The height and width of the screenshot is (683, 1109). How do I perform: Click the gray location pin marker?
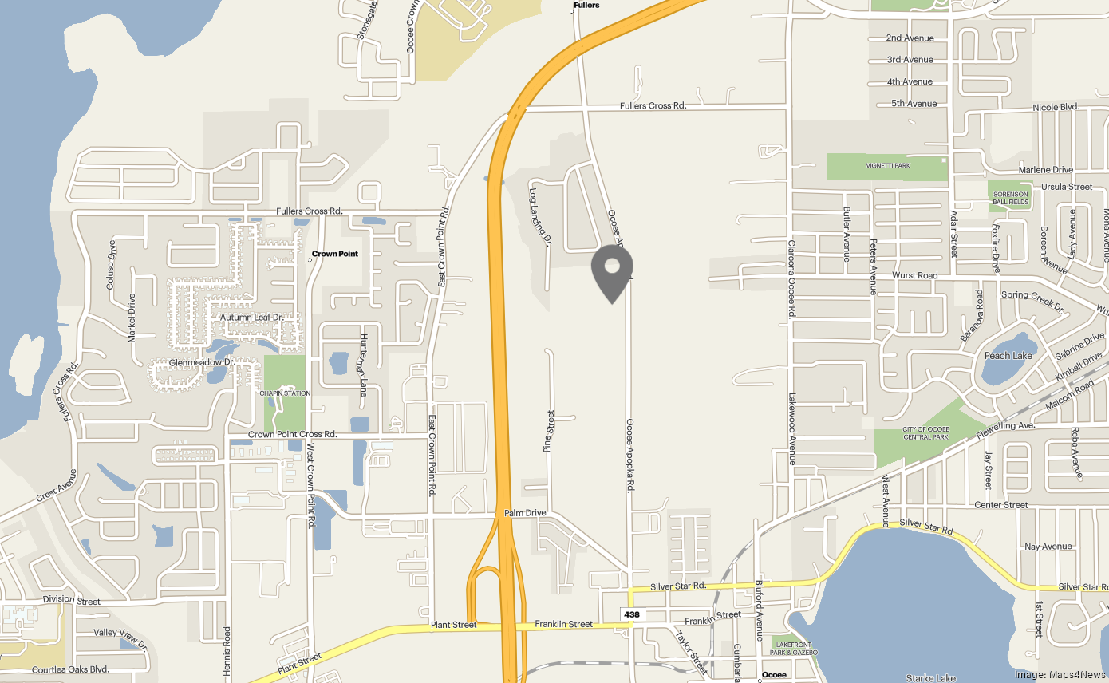coord(612,270)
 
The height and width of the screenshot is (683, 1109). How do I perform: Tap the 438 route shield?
coord(632,614)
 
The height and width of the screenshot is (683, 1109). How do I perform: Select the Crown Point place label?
coord(334,254)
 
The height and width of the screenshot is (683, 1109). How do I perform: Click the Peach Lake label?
coord(1008,356)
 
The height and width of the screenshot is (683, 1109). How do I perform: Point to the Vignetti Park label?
coord(888,166)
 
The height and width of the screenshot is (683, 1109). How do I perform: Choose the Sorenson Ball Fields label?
coord(1011,199)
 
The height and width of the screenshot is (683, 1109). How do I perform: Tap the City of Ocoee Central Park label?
coord(925,433)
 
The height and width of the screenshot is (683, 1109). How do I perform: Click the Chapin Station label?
coord(285,393)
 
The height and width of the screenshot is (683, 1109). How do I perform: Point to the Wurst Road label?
coord(915,275)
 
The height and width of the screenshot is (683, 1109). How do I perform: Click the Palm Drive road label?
coord(525,513)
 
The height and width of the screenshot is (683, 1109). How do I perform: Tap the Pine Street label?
coord(548,432)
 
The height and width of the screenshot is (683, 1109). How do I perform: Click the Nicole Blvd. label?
coord(1056,107)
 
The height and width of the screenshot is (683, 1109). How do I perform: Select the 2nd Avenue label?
coord(910,38)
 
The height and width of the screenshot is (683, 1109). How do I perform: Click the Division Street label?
coord(72,601)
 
